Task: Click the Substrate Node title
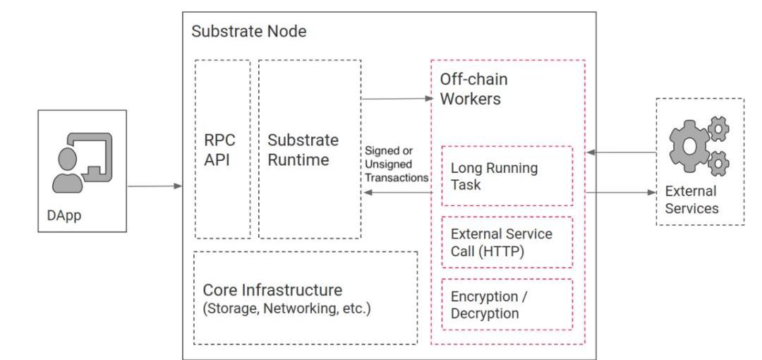(249, 32)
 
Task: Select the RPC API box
(222, 149)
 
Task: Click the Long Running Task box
(507, 176)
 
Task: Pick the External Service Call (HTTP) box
(507, 241)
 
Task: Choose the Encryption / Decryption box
(507, 304)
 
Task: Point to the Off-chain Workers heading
(474, 89)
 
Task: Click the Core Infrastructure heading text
(272, 290)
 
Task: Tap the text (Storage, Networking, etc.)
(286, 308)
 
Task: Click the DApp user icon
(82, 162)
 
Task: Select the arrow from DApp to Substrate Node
(155, 186)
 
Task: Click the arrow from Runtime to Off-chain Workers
(397, 99)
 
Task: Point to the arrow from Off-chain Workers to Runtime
(397, 191)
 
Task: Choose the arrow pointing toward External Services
(621, 191)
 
